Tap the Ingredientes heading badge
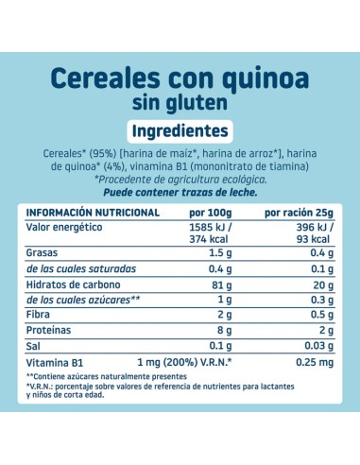(x=180, y=130)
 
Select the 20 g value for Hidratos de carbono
(x=325, y=285)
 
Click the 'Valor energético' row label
(x=62, y=228)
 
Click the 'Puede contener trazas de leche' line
(x=180, y=192)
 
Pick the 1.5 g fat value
(x=222, y=253)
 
